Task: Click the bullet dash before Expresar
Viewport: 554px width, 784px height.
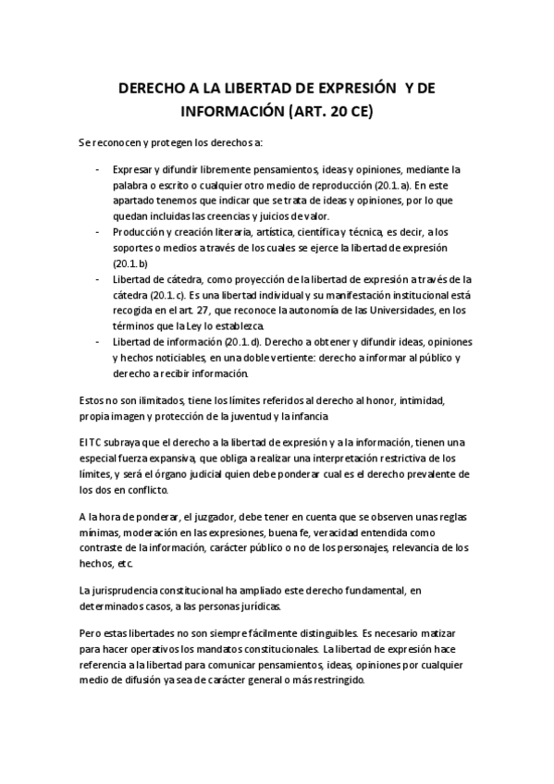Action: [98, 170]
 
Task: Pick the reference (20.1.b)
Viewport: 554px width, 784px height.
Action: [126, 263]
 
